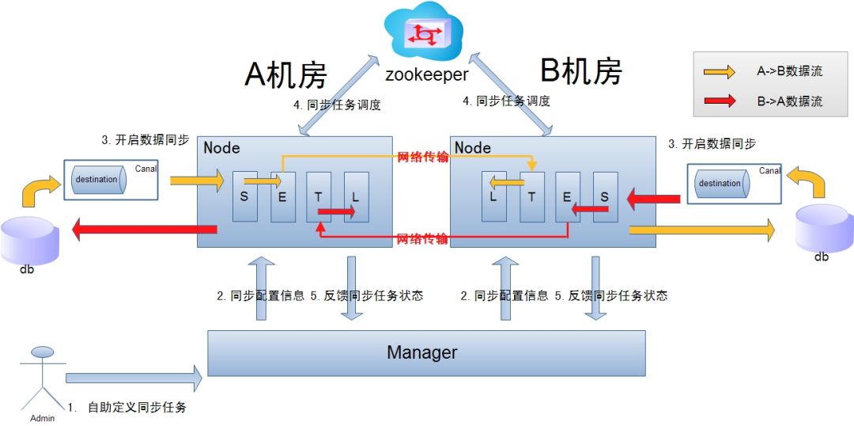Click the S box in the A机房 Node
[x=244, y=196]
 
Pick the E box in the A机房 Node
[x=282, y=196]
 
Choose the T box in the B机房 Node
[x=531, y=196]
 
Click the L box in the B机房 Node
[x=494, y=196]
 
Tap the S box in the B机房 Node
[x=605, y=196]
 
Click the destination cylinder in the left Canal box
[x=96, y=180]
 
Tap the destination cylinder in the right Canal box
[x=719, y=184]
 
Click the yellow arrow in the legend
[x=720, y=72]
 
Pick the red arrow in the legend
[x=720, y=101]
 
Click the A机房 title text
[x=285, y=75]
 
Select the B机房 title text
[x=580, y=71]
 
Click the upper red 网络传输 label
[x=422, y=157]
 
